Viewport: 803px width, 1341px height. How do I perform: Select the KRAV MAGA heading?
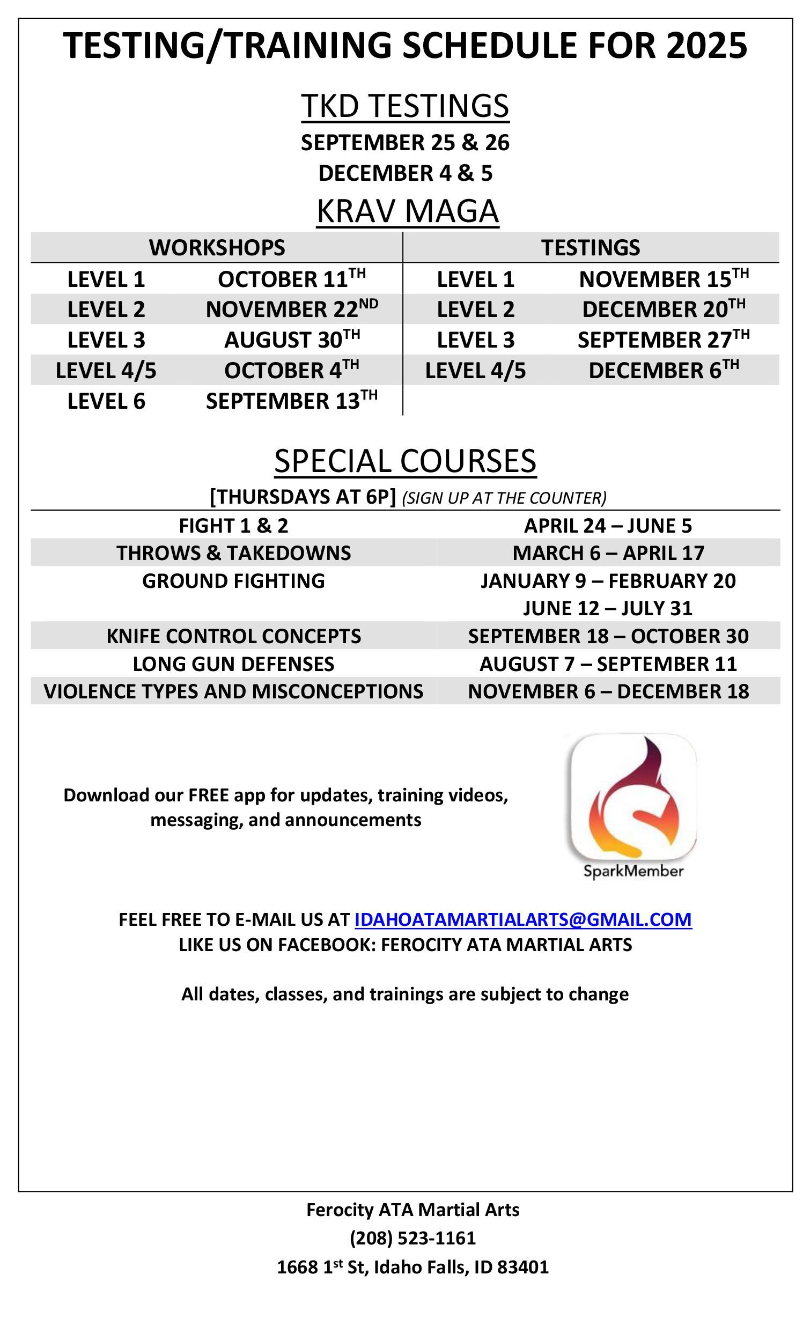(x=407, y=211)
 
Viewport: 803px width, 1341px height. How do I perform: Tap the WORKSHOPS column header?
(x=217, y=248)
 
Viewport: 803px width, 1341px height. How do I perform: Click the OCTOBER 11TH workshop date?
(x=292, y=278)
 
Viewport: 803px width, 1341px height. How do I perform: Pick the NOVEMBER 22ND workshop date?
(x=292, y=309)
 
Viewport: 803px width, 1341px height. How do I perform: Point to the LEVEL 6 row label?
(x=106, y=401)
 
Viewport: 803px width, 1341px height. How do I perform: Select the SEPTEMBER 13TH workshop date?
(x=292, y=401)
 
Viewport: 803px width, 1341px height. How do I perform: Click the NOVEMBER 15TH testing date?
(x=664, y=278)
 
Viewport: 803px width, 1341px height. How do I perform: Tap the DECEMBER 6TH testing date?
(x=664, y=370)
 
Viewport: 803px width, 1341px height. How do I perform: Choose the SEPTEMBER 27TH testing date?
(x=664, y=339)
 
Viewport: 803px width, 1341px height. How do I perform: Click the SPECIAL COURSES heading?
(x=406, y=461)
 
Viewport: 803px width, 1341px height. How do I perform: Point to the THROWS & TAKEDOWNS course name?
(x=233, y=553)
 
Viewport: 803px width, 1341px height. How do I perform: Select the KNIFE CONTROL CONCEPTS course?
(x=233, y=636)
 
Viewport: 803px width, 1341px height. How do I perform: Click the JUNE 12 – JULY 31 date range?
(x=608, y=609)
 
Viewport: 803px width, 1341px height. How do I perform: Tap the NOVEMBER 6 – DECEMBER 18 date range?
(x=608, y=691)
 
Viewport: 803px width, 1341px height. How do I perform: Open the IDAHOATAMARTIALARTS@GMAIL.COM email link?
(x=522, y=919)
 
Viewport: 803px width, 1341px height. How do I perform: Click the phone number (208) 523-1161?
(x=412, y=1237)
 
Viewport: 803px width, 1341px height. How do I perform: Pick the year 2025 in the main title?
(x=706, y=46)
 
